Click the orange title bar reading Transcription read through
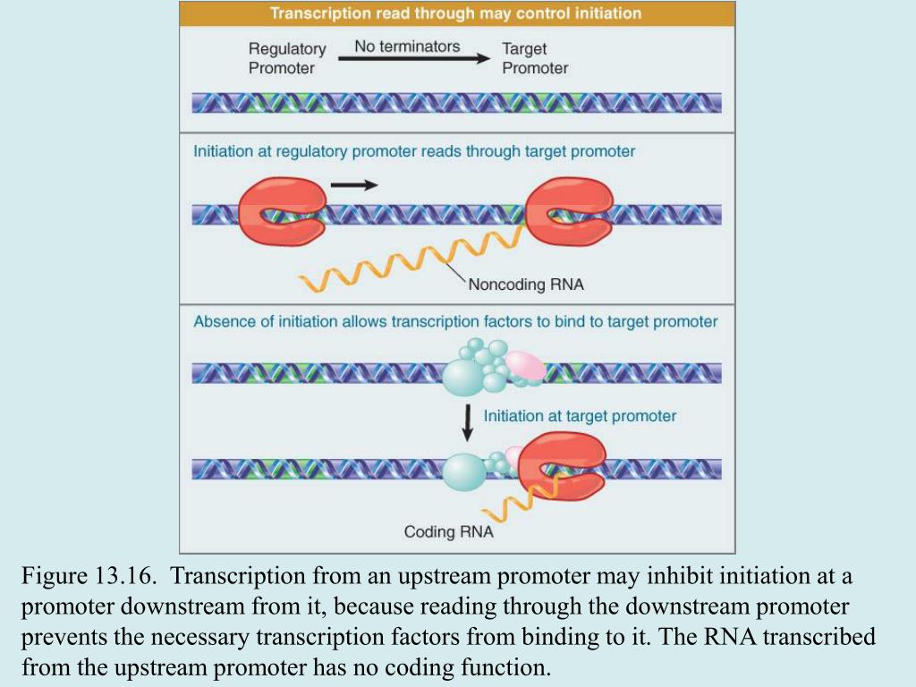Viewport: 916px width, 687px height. coord(456,13)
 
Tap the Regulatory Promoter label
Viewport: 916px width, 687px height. coord(286,58)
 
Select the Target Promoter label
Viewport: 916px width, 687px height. coord(534,58)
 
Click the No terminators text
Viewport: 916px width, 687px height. coord(407,46)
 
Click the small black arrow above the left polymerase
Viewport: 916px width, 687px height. coord(354,185)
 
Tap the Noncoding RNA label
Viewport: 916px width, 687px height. coord(526,284)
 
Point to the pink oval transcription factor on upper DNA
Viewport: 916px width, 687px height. coord(525,364)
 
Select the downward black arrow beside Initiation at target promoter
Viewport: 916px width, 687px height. coord(467,422)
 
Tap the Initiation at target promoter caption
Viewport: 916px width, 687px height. coord(580,416)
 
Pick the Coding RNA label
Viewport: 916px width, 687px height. coord(448,532)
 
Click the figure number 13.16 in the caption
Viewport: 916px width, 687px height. coord(120,574)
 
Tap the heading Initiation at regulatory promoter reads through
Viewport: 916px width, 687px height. coord(414,151)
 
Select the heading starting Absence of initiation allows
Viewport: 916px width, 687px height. coord(455,321)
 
